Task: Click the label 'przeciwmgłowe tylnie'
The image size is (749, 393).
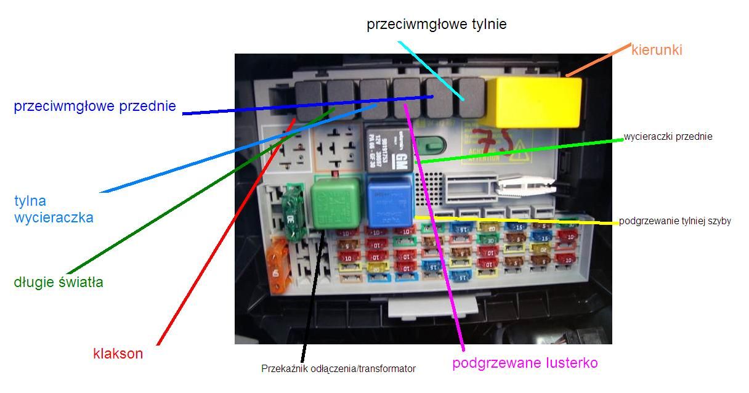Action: pos(436,25)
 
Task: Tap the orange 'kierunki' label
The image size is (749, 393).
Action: pos(657,51)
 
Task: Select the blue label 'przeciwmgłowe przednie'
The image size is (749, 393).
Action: pos(95,107)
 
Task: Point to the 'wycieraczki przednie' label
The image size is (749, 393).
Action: pos(668,137)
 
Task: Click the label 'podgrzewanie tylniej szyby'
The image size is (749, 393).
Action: pos(674,221)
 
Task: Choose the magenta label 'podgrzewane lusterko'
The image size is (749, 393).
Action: pos(525,363)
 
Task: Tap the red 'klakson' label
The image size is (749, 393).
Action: pos(118,354)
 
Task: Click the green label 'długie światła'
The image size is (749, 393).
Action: pos(59,283)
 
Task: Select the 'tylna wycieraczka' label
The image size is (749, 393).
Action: pos(54,209)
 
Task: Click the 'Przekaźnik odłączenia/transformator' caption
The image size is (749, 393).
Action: pos(338,369)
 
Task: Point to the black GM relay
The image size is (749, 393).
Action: pos(387,151)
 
